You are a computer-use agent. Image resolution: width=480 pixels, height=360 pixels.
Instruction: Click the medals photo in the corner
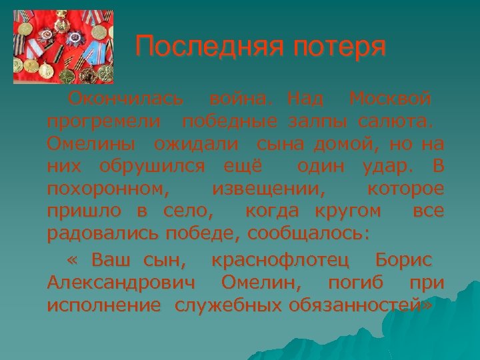(x=63, y=47)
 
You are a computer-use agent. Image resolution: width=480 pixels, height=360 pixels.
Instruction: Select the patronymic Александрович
(x=122, y=283)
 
